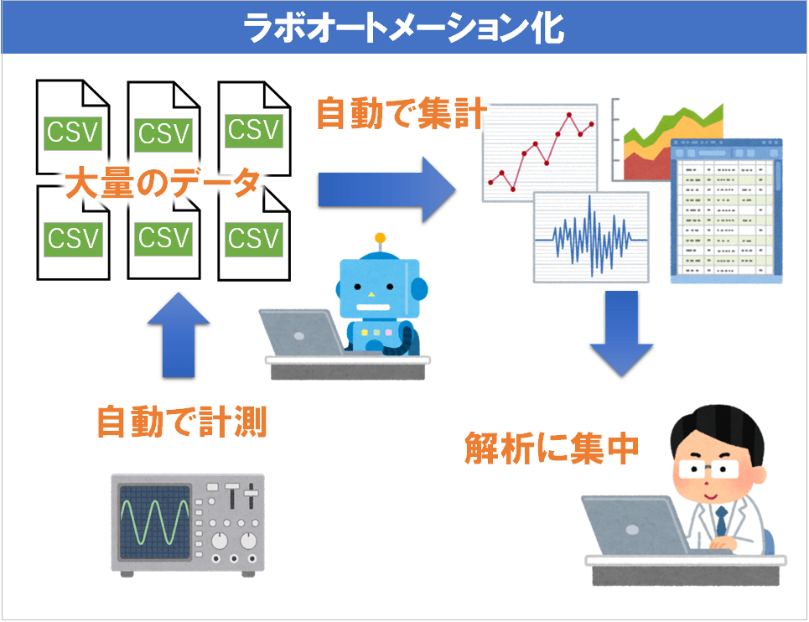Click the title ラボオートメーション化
point(403,28)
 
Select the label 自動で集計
point(402,114)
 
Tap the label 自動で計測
point(181,421)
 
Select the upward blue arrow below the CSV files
point(178,335)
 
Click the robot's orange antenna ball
point(381,238)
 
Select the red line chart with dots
point(538,151)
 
